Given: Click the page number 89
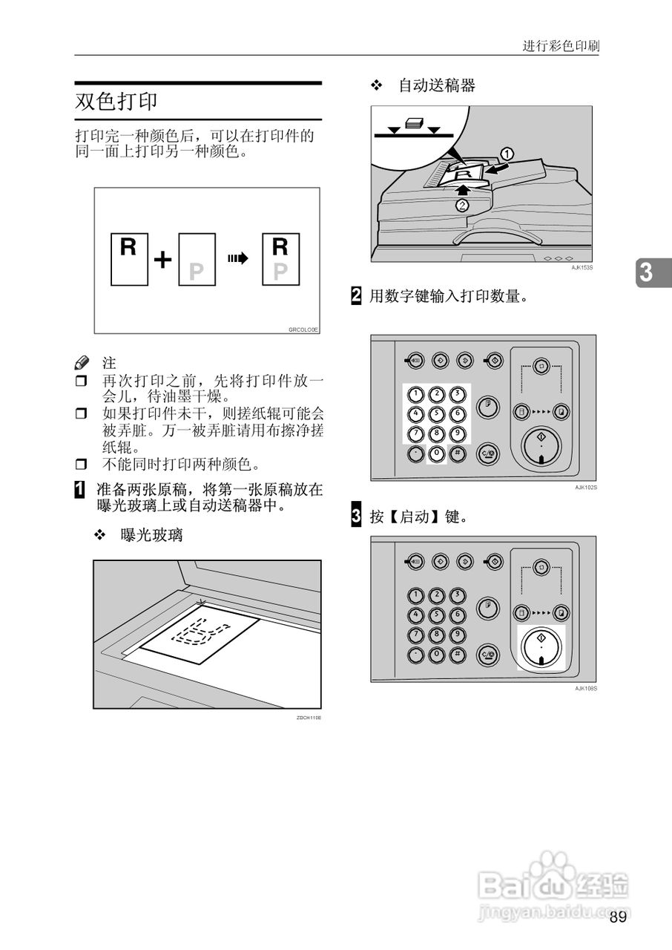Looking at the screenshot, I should [x=618, y=917].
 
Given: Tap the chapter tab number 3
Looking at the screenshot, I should [x=647, y=273].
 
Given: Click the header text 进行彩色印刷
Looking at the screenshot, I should [x=561, y=46].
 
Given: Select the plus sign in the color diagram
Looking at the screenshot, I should [x=162, y=260].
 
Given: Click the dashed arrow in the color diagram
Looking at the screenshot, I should [x=237, y=259].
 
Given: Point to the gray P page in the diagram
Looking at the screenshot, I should [x=197, y=260].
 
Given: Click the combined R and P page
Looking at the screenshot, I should [x=280, y=260].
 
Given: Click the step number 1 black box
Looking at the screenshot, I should [x=79, y=490].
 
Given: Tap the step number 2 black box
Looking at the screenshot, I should [x=356, y=296].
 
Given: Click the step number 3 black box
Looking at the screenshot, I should [x=356, y=516].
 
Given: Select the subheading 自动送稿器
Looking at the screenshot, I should [x=436, y=86].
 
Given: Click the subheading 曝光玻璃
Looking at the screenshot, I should [x=151, y=535].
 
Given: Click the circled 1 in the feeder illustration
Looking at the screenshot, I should [x=507, y=154].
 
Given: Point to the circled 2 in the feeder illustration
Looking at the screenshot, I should [x=462, y=206].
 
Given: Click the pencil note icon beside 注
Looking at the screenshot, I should [x=82, y=364].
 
